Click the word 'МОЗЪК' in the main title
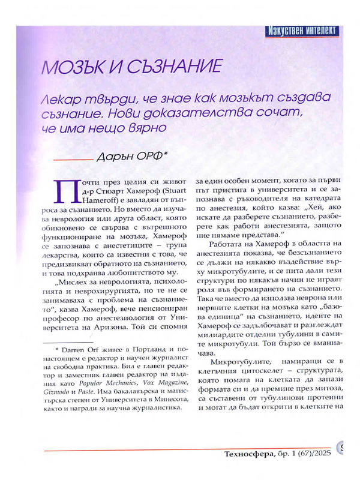point(71,67)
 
